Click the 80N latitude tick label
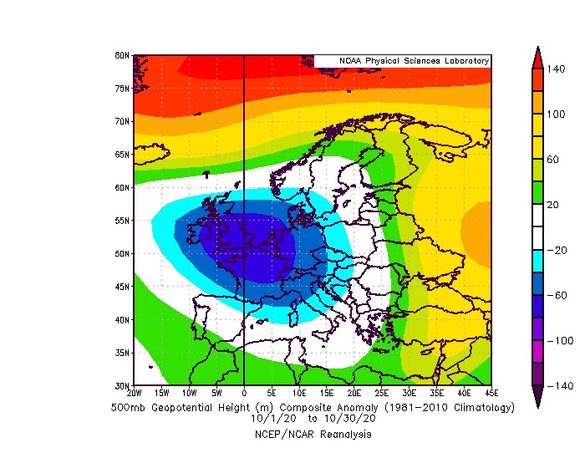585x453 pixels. click(121, 55)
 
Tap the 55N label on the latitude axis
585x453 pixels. click(121, 221)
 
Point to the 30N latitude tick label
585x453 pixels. click(121, 386)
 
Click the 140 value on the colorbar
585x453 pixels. click(557, 69)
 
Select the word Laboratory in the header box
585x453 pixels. click(461, 61)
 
